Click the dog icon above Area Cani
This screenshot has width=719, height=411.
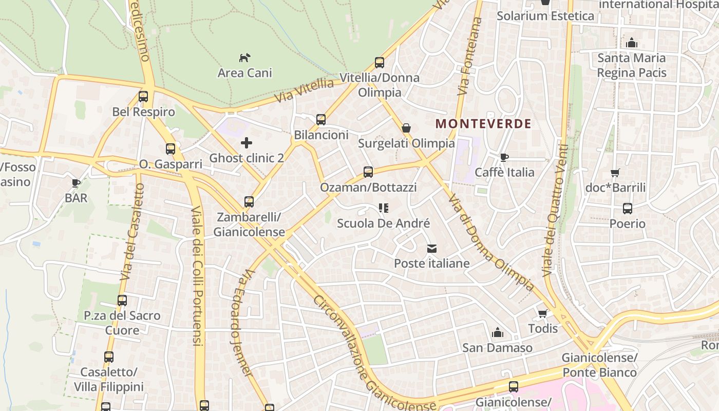[245, 57]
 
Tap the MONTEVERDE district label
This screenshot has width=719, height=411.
[483, 124]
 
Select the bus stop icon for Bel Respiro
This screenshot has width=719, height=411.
[143, 97]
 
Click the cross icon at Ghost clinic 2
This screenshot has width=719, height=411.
[247, 142]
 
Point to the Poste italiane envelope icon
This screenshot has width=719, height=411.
[431, 249]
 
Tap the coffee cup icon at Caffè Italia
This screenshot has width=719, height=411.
[504, 157]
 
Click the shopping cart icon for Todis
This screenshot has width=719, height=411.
[543, 313]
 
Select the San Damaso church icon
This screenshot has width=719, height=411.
[497, 333]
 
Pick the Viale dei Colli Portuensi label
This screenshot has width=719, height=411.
[198, 276]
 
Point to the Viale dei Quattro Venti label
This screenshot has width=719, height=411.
[556, 211]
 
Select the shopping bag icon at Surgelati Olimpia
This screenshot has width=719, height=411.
[406, 128]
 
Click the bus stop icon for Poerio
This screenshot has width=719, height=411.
[628, 209]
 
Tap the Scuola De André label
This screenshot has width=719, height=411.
[383, 223]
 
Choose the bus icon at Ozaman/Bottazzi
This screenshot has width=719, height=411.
[368, 172]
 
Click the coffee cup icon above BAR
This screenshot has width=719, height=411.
[76, 183]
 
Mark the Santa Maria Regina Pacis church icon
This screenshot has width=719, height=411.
[632, 43]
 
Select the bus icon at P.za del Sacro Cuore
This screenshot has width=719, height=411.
[122, 301]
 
